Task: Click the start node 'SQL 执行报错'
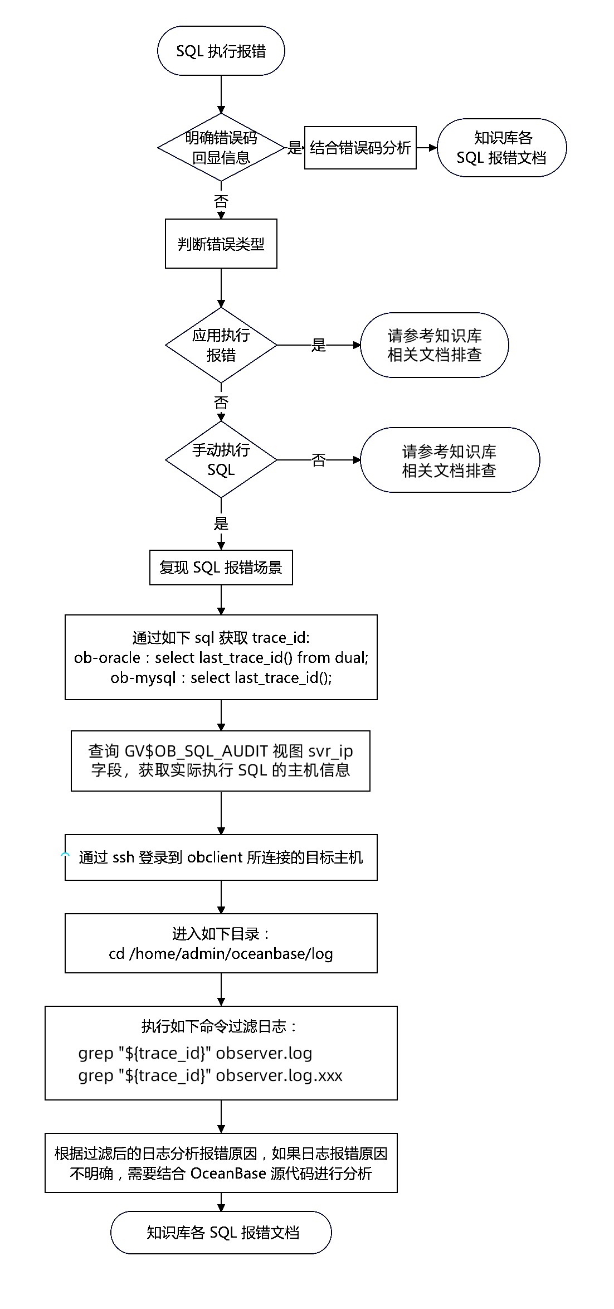point(221,51)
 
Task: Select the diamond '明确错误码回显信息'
point(221,148)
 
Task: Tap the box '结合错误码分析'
point(360,148)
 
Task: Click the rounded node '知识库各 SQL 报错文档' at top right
point(501,148)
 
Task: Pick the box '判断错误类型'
point(221,244)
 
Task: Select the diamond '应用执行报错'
point(221,345)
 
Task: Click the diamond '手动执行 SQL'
point(221,460)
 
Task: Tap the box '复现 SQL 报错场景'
point(221,568)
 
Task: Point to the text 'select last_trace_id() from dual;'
point(261,658)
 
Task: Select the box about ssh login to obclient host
point(221,857)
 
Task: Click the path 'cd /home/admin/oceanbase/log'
point(221,954)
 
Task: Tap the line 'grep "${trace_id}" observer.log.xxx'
point(210,1075)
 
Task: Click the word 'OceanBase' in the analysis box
point(228,1174)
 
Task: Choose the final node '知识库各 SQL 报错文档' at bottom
point(221,1233)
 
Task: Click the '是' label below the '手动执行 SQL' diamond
point(221,523)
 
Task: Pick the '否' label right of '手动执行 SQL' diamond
point(319,460)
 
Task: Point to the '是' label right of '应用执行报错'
point(319,345)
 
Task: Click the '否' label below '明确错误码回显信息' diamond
point(221,201)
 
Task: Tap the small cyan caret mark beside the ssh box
point(66,855)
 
